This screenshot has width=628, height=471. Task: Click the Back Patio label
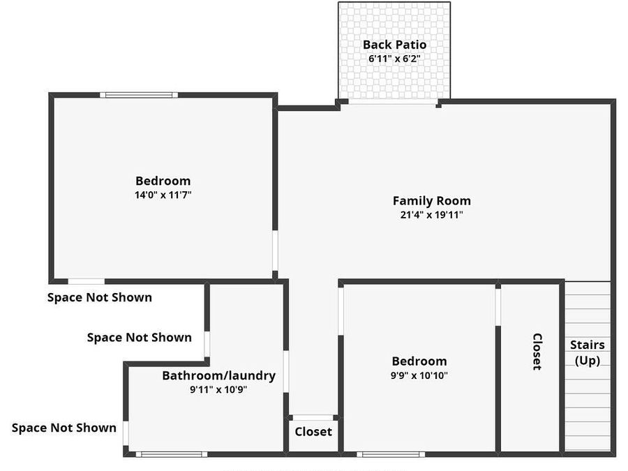[394, 45]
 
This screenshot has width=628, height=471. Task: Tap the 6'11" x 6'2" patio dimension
[394, 59]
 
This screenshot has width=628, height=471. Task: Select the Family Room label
[431, 201]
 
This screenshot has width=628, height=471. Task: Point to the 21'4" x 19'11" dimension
[431, 215]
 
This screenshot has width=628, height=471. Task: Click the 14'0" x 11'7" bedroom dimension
[163, 195]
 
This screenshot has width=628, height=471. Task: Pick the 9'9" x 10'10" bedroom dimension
[419, 375]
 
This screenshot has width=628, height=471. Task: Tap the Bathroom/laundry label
[218, 375]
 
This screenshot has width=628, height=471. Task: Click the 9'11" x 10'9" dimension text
[218, 390]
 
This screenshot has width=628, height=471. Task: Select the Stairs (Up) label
[587, 352]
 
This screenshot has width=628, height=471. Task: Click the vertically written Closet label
[537, 351]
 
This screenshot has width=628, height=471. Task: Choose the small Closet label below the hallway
[313, 431]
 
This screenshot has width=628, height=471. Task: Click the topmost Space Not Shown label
[99, 297]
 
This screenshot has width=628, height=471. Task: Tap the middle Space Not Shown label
[139, 338]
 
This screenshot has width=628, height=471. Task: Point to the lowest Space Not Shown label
[64, 428]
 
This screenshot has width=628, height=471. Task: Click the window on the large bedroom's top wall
[138, 95]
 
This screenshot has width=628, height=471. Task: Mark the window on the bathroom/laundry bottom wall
[171, 454]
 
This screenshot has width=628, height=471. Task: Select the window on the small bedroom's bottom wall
[391, 454]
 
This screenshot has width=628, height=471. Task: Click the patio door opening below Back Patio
[393, 102]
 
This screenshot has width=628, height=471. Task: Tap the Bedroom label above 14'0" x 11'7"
[163, 181]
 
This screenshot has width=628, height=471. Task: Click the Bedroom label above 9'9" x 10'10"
[419, 361]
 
